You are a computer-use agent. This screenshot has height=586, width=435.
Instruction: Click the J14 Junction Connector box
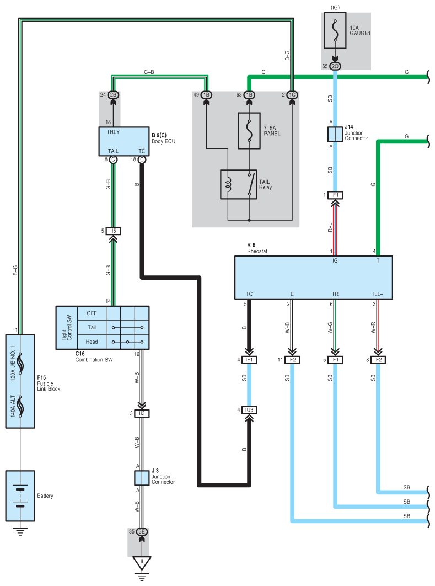pyautogui.click(x=335, y=135)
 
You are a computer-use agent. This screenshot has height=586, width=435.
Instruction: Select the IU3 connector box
pyautogui.click(x=249, y=410)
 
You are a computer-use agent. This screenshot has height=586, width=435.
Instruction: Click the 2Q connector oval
pyautogui.click(x=335, y=66)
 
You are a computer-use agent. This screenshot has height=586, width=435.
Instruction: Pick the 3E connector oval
pyautogui.click(x=142, y=532)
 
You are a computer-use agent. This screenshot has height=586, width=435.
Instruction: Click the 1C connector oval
pyautogui.click(x=293, y=95)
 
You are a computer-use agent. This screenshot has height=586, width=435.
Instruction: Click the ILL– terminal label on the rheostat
pyautogui.click(x=378, y=294)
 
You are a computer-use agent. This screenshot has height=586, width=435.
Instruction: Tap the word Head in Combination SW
pyautogui.click(x=92, y=342)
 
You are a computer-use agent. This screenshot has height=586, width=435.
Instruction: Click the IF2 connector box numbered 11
pyautogui.click(x=292, y=360)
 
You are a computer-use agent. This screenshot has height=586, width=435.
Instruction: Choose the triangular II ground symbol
pyautogui.click(x=142, y=563)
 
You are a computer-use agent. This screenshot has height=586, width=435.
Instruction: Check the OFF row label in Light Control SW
pyautogui.click(x=92, y=313)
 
